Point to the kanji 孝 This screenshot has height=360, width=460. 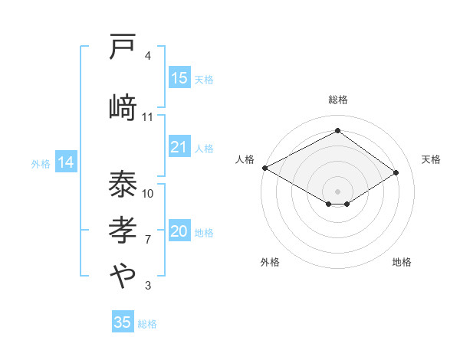point(123,229)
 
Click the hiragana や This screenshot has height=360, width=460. point(123,275)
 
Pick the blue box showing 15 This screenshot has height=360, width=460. point(179,78)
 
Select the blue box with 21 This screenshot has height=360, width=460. point(179,147)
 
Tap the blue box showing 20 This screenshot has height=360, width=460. point(179,232)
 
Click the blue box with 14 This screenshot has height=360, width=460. point(65,162)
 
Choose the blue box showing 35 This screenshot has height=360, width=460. point(123,322)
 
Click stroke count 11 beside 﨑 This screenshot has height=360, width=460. point(147,116)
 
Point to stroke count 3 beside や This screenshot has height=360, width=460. point(147,286)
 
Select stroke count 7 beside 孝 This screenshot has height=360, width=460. point(147,239)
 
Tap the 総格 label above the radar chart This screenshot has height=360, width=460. point(337,100)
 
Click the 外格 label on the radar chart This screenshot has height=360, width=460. point(270,262)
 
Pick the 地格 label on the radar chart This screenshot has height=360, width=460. point(402,262)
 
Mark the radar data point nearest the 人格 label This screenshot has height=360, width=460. point(264,168)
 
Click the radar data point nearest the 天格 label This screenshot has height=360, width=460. point(396,173)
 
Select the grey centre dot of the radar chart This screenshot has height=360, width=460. point(337,190)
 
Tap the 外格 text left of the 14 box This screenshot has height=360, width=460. point(41,163)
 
